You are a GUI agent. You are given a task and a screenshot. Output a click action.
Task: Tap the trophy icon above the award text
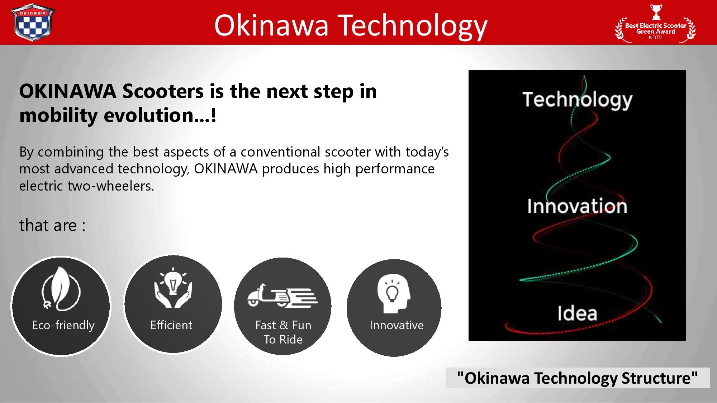coord(656,12)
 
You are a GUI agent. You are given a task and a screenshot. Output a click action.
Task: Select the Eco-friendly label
coord(63,325)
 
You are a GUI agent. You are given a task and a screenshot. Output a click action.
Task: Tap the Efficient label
coord(171,325)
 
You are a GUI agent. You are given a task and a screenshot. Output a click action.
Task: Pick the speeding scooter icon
coord(282,295)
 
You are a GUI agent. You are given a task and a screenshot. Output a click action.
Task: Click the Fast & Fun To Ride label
coord(283,332)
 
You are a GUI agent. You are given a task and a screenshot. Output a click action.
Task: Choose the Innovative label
coord(397,325)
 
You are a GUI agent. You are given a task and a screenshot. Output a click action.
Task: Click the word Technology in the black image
coord(577,100)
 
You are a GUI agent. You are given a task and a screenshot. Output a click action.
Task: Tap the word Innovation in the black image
coord(577,206)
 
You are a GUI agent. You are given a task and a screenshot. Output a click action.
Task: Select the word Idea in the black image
coord(577,313)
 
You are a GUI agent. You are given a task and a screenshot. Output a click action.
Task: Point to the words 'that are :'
coord(52,225)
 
